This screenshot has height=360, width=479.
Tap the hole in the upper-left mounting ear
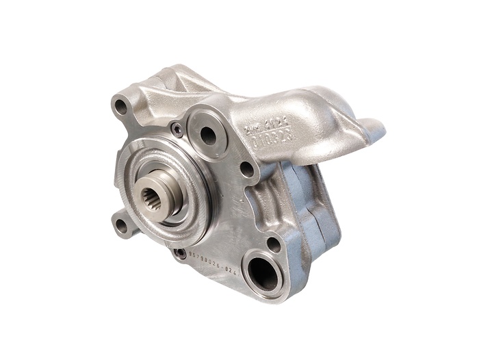(x=121, y=106)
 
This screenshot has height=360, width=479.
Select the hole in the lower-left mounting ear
(x=121, y=224)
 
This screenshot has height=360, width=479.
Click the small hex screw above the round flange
(x=177, y=128)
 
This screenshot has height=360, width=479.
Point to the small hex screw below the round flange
(x=181, y=253)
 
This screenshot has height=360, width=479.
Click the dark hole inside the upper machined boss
(x=207, y=136)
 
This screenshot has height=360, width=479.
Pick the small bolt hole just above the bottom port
(x=273, y=243)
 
